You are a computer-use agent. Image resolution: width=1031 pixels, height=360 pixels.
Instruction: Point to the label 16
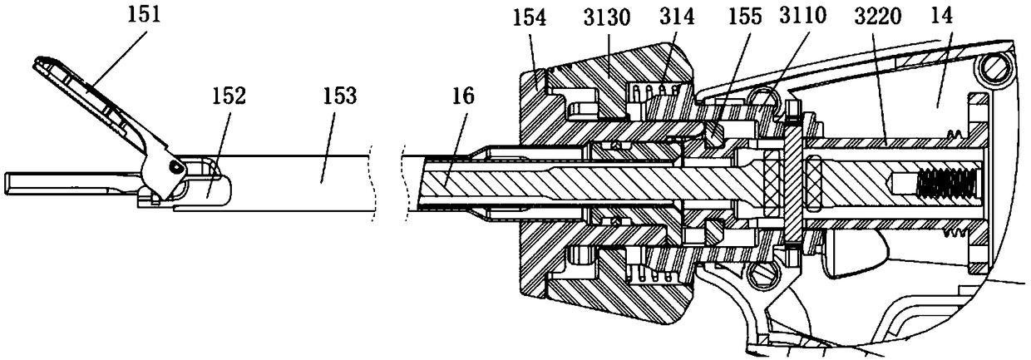tap(464, 96)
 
